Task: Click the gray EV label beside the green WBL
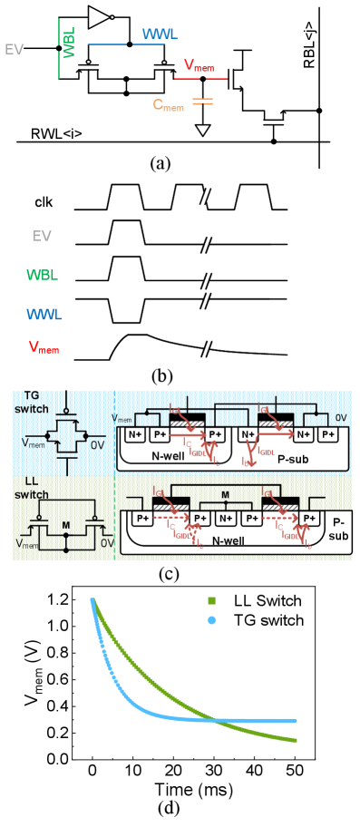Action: click(x=15, y=50)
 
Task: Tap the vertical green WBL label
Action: click(x=70, y=43)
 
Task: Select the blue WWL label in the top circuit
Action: click(x=160, y=34)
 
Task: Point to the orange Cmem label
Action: click(x=168, y=104)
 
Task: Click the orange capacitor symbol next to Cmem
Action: click(x=202, y=101)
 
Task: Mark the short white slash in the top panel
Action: click(x=206, y=196)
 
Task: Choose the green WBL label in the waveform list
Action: click(x=42, y=275)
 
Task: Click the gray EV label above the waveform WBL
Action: click(x=42, y=236)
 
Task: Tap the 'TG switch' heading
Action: click(x=32, y=403)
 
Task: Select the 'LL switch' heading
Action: click(x=32, y=488)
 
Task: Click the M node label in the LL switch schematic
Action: click(x=65, y=526)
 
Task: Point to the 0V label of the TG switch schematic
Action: click(x=99, y=443)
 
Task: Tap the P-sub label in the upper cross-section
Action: click(x=292, y=459)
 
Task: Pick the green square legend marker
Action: click(x=211, y=600)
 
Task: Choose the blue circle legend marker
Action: click(x=211, y=620)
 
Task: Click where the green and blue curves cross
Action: click(x=216, y=720)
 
